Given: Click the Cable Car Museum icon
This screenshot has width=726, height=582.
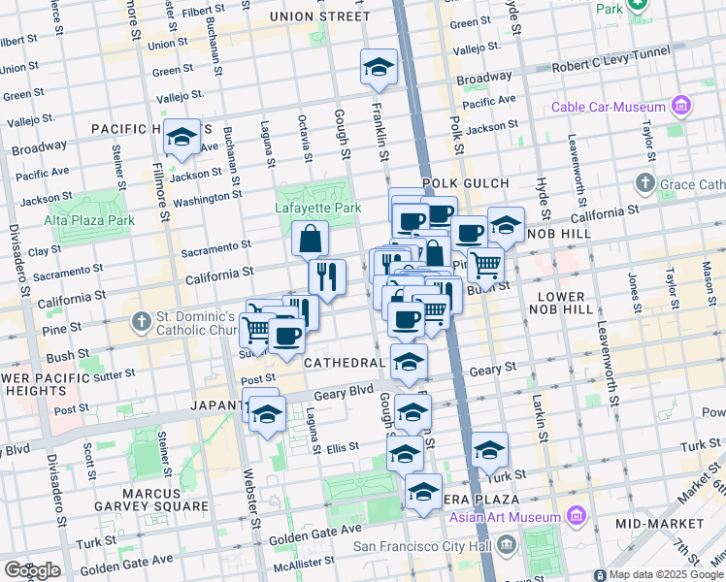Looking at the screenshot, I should point(680,106).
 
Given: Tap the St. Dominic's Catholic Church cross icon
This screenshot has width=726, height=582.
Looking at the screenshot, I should point(141,319).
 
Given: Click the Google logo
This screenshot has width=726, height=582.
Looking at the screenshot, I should point(32,569).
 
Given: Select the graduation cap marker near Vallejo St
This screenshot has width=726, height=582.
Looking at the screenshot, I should point(379,67).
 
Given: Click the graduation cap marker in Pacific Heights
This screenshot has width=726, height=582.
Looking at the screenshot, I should point(181,139).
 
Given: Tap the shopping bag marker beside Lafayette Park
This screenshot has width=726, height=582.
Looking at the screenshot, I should point(310,239).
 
